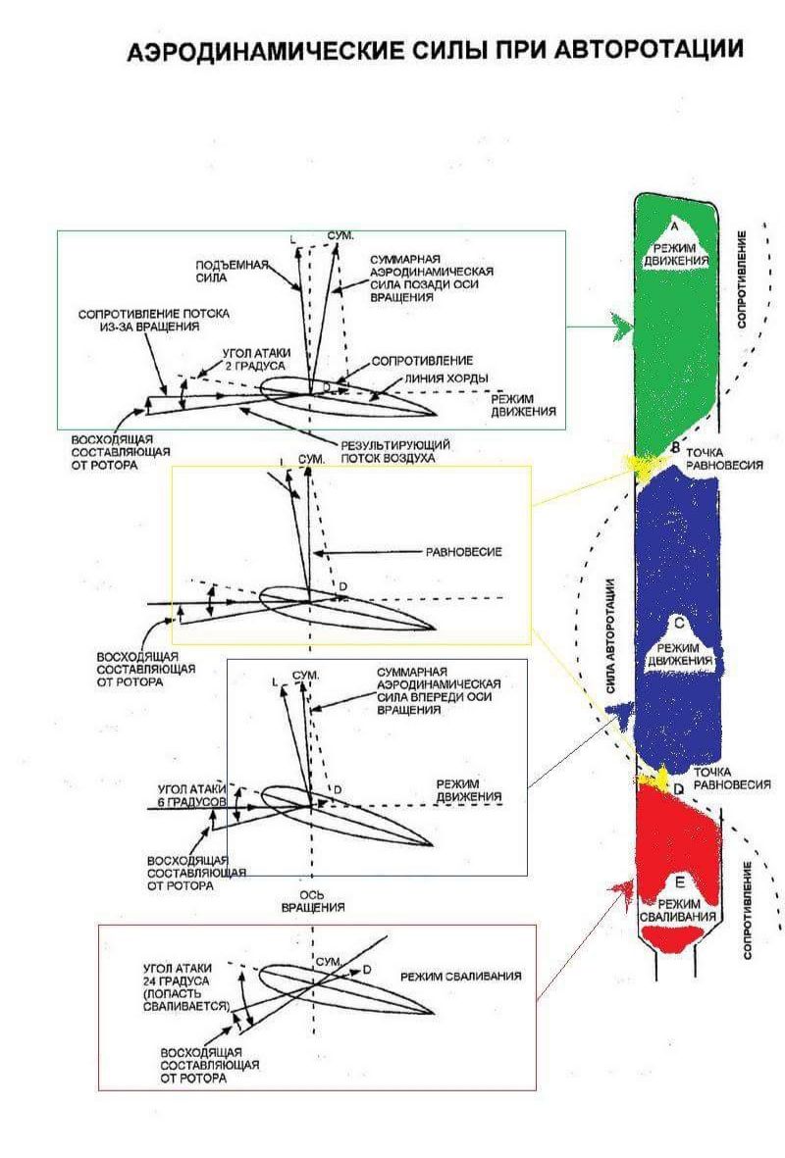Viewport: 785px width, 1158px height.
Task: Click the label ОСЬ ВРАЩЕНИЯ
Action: tap(320, 901)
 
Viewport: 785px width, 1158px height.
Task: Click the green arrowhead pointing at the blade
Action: tap(621, 327)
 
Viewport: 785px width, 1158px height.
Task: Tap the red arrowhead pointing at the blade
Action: tap(620, 889)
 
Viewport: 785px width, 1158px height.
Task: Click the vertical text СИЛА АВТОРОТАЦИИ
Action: tap(610, 637)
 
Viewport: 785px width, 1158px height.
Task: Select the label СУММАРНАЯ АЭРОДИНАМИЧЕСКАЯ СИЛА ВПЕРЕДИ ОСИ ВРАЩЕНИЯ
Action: tap(439, 694)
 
